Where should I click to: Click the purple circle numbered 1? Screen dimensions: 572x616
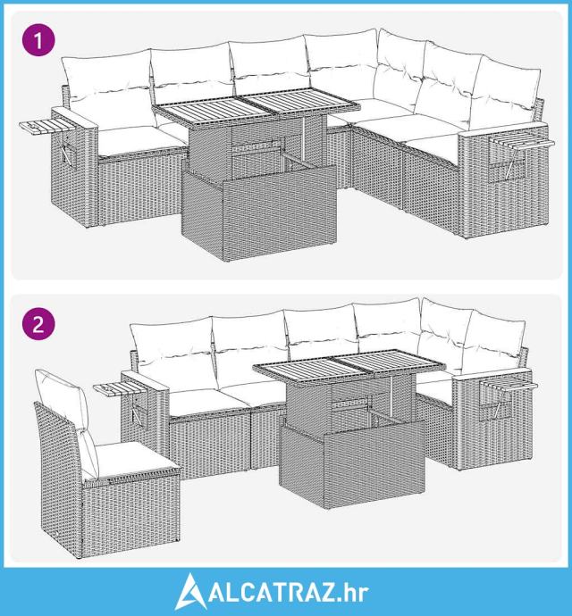38,40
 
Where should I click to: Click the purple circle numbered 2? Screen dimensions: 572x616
38,325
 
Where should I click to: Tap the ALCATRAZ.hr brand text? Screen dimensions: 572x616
289,593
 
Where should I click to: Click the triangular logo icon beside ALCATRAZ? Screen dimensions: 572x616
190,591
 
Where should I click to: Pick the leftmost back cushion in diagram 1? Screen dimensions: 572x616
107,89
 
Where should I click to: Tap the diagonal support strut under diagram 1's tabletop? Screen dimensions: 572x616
303,161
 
